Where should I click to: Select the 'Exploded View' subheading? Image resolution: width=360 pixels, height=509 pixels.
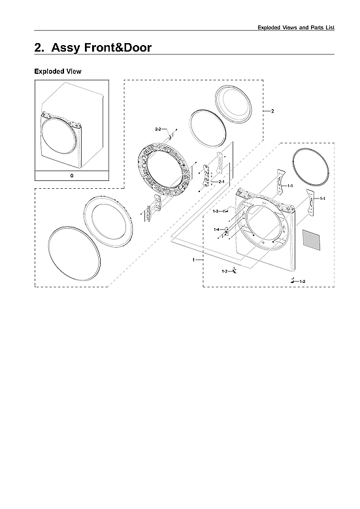point(57,71)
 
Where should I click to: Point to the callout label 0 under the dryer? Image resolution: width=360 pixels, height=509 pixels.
point(71,176)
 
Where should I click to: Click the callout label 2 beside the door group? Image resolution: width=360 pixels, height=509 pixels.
point(272,111)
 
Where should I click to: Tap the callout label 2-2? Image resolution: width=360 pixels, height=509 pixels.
point(157,131)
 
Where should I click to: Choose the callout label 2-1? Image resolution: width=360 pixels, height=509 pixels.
point(221,181)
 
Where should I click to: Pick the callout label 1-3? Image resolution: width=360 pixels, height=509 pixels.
point(216,212)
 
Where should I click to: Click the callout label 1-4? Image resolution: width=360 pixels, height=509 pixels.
point(216,229)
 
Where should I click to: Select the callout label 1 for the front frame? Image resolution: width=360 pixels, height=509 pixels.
point(193,260)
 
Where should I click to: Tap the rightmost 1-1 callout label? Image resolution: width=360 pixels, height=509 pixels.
point(323,198)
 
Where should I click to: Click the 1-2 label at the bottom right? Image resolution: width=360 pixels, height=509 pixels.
point(302,280)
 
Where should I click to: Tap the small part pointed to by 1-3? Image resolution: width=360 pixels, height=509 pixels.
point(225,212)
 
